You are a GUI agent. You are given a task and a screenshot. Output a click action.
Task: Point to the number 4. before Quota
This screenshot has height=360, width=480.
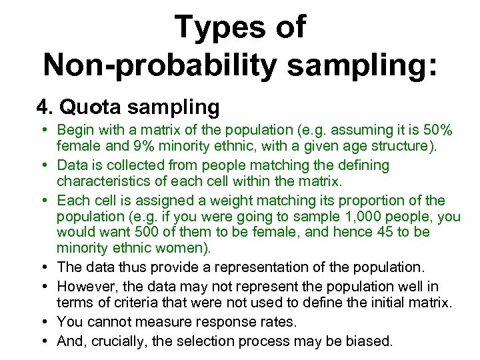tap(45, 106)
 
